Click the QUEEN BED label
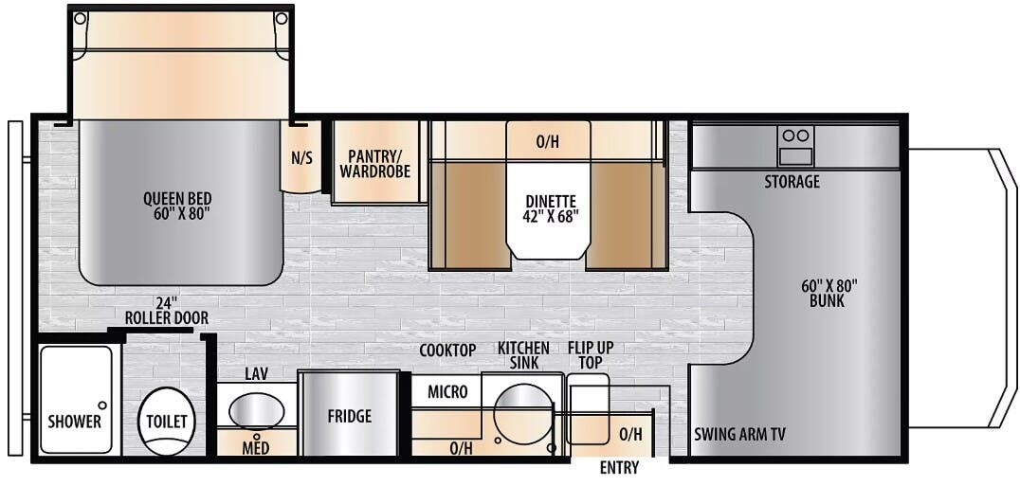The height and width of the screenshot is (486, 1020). coord(177,206)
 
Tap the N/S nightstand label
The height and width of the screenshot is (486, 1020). coord(301,158)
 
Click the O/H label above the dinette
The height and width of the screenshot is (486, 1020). coord(547,142)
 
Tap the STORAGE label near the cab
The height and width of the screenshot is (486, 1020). coord(792,181)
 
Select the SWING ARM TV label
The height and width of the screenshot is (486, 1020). coord(739,434)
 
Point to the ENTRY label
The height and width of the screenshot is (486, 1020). coord(619,468)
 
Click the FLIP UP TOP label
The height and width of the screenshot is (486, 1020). coord(590,354)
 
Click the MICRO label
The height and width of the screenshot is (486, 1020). coord(447,391)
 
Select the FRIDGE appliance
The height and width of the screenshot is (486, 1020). coord(349,415)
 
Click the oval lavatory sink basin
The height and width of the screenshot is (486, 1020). coord(256,412)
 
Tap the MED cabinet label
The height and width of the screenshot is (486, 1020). coord(254,446)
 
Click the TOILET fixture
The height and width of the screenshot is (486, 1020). coord(167,421)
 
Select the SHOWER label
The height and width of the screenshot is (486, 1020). coord(75,422)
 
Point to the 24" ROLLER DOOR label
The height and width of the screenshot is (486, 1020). coord(166,311)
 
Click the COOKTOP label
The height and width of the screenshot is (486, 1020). coord(448,351)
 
